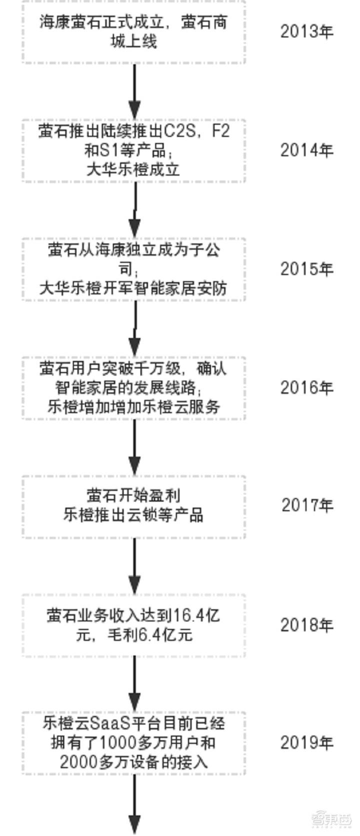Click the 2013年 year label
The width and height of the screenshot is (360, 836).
(306, 31)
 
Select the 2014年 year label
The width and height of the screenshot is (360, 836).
(306, 150)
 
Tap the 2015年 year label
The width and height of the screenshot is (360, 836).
(306, 268)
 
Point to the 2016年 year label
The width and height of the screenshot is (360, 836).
(306, 387)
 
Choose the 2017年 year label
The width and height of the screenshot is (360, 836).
(307, 505)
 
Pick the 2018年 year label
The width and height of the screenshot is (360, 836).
(306, 625)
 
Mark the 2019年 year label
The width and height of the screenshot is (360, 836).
(306, 742)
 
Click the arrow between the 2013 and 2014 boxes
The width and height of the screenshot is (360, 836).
(134, 91)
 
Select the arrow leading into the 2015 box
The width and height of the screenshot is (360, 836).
(134, 209)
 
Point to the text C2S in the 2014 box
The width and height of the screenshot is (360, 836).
(180, 131)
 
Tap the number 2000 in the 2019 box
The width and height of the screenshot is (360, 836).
(79, 761)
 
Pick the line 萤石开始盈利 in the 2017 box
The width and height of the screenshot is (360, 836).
(133, 496)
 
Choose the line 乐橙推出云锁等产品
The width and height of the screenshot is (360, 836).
(133, 515)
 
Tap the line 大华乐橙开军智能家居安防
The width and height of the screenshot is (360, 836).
(133, 288)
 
